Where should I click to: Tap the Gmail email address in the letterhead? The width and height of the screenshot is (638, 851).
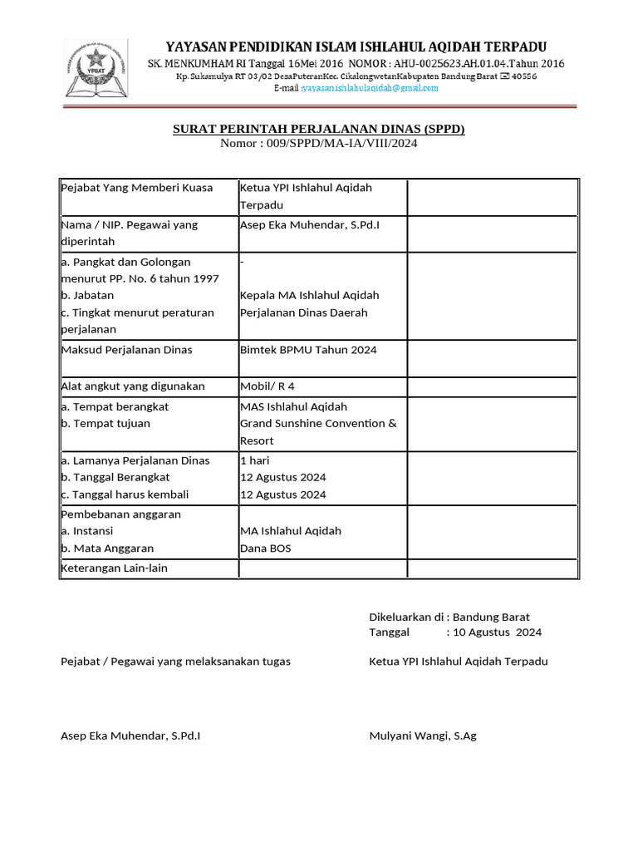[x=370, y=88]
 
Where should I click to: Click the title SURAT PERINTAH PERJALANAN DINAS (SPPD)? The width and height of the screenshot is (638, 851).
[x=318, y=130]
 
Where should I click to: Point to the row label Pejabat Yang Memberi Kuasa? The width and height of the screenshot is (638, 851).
[x=137, y=188]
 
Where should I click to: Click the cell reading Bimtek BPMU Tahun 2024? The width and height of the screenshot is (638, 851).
[x=308, y=350]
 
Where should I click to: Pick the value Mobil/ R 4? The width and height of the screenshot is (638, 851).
[x=267, y=386]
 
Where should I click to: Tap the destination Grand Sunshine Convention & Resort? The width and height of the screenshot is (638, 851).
[x=318, y=424]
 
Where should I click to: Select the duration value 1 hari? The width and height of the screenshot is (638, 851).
[x=254, y=460]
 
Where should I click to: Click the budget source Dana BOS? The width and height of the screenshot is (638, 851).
[x=266, y=548]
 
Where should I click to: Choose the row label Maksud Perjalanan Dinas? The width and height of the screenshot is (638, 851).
[x=127, y=350]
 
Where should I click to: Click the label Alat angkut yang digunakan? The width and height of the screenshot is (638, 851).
[x=133, y=386]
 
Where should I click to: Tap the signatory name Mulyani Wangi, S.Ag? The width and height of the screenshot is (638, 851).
[x=422, y=736]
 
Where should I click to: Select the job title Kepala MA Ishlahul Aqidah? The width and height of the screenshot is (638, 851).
[x=309, y=296]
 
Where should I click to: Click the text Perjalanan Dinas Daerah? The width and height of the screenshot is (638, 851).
[x=303, y=313]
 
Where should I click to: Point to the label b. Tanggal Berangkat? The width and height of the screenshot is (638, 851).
[x=115, y=478]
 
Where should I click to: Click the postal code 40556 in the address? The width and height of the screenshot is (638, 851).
[x=524, y=76]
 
